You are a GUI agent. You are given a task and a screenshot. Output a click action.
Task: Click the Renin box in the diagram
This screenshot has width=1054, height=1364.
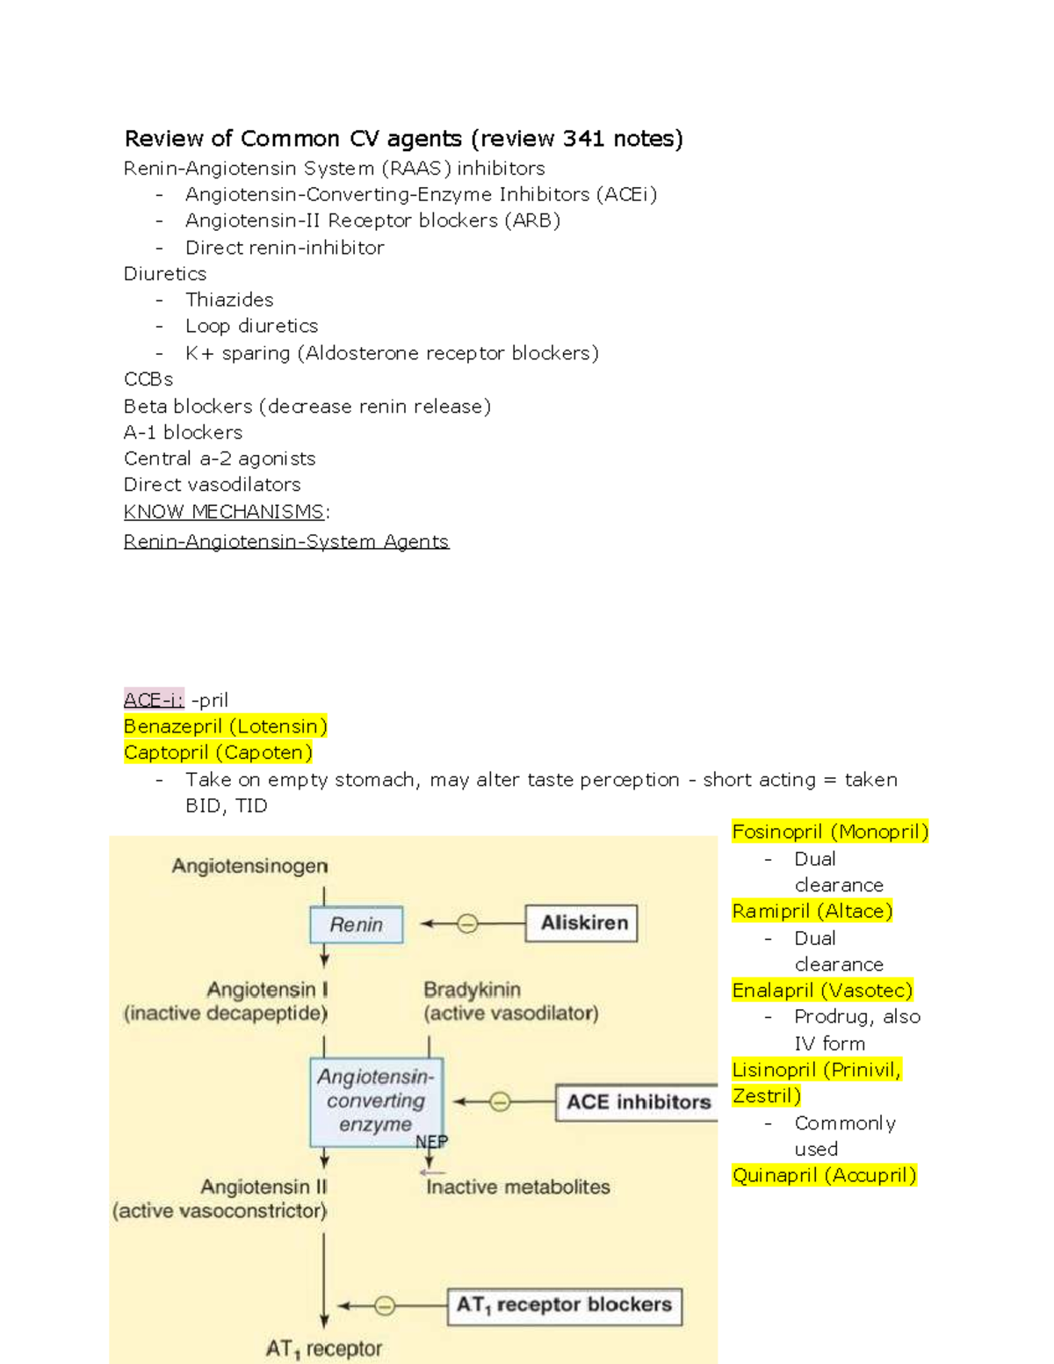click(357, 925)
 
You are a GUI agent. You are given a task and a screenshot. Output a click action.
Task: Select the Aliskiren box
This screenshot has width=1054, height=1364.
click(581, 923)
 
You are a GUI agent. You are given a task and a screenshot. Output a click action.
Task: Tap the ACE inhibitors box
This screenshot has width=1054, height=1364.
click(638, 1102)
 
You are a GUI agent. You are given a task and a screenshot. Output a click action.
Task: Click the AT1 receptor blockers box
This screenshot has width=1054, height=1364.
click(564, 1306)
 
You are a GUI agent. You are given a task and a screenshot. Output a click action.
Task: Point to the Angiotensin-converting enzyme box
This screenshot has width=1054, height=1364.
click(376, 1101)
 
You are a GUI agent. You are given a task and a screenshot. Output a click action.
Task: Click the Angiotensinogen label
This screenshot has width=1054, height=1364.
click(250, 866)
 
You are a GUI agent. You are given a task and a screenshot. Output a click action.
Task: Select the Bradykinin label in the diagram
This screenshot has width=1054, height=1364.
click(472, 990)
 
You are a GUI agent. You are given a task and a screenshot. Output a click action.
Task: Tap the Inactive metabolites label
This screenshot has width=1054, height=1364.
click(517, 1187)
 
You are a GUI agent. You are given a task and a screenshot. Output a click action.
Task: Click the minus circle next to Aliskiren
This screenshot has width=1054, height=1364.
click(468, 924)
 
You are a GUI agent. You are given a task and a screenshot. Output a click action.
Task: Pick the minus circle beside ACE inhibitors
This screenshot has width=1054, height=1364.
click(500, 1102)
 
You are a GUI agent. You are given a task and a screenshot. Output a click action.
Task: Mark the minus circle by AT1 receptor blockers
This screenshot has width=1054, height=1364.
click(385, 1306)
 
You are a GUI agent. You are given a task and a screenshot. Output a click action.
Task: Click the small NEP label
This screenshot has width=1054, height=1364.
click(431, 1142)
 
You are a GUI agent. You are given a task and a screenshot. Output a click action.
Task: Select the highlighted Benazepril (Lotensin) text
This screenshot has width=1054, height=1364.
click(226, 726)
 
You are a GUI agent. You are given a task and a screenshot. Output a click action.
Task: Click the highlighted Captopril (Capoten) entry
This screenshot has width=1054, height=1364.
click(218, 753)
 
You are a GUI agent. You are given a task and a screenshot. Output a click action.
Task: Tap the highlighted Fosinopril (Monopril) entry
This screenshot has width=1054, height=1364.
click(830, 832)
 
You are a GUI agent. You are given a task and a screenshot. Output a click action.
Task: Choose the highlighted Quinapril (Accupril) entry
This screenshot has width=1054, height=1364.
click(824, 1175)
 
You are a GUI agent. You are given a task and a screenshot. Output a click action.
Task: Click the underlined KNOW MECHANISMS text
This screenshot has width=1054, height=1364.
click(224, 511)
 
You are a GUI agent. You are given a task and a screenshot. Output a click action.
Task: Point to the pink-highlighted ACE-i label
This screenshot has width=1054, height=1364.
click(154, 700)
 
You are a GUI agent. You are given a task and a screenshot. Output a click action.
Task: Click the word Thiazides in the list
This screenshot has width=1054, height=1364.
click(229, 300)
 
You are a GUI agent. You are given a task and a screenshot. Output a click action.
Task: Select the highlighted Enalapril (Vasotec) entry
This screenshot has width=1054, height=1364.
click(822, 991)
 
